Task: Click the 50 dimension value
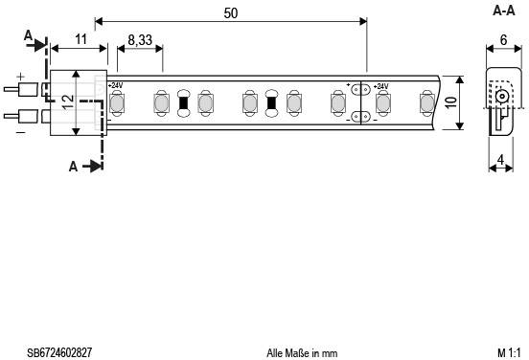231,13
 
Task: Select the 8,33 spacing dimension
140,40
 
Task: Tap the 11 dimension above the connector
80,39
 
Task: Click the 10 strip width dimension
451,102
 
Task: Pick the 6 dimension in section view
503,40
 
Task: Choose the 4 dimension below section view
501,160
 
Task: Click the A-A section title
504,11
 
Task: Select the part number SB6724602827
59,353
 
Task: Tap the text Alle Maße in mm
302,353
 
